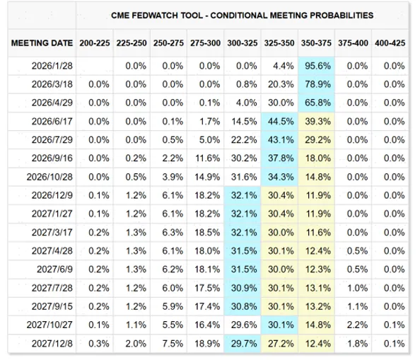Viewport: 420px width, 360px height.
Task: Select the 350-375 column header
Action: [x=316, y=43]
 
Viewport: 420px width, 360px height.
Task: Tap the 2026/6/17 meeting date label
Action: [x=52, y=122]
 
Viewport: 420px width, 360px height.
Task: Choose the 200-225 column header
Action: [x=95, y=43]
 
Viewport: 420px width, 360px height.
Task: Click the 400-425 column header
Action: [x=390, y=43]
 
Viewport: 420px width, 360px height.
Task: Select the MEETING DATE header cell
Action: [x=42, y=43]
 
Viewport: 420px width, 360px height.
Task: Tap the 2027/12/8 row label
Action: [x=52, y=344]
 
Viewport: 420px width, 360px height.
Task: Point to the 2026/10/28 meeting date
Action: [x=49, y=177]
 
